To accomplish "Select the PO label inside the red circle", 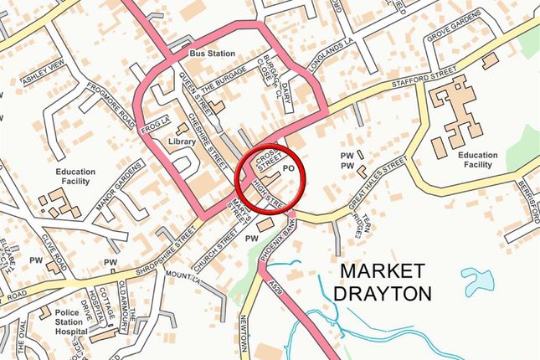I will (290, 168).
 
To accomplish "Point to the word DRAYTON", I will (383, 294).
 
